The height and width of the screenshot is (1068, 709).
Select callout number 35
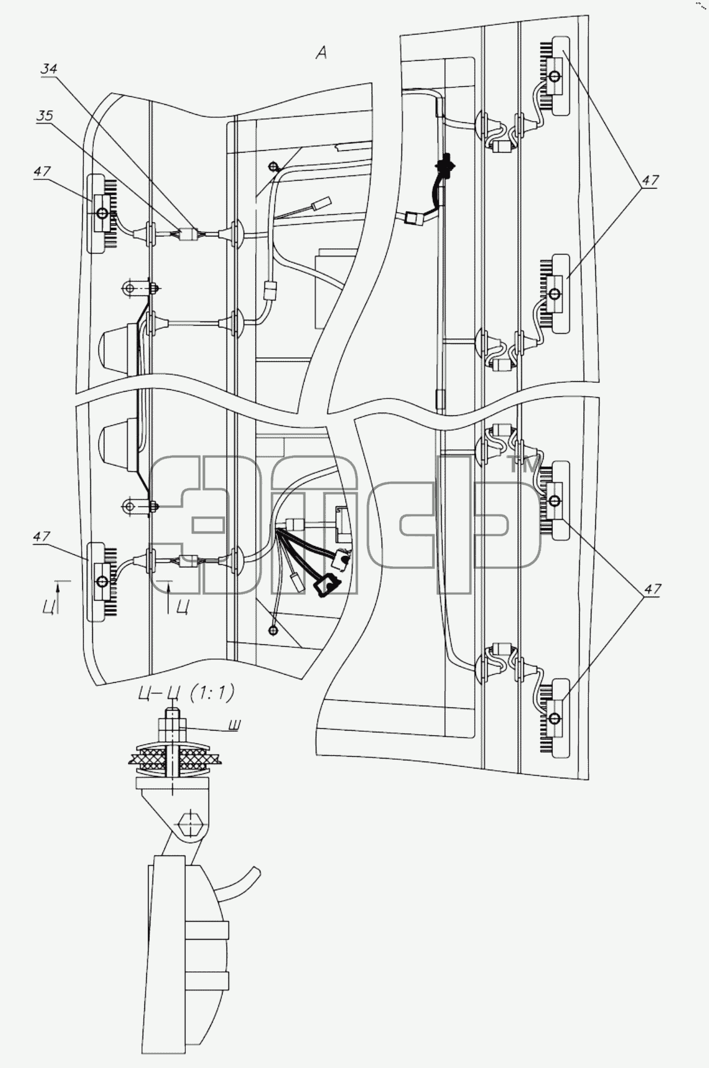click(45, 116)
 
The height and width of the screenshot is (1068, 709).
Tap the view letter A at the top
click(321, 53)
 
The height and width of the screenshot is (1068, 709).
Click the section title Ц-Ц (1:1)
click(185, 693)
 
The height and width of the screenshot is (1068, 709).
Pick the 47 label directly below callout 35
click(43, 172)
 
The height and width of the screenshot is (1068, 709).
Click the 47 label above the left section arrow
click(42, 536)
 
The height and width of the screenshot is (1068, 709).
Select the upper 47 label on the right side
click(650, 181)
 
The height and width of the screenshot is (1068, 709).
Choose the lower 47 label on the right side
click(652, 589)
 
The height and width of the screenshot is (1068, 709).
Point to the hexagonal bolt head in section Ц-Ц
click(190, 826)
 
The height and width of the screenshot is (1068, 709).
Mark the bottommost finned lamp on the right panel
click(556, 718)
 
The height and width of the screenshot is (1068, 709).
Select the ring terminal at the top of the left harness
click(273, 168)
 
